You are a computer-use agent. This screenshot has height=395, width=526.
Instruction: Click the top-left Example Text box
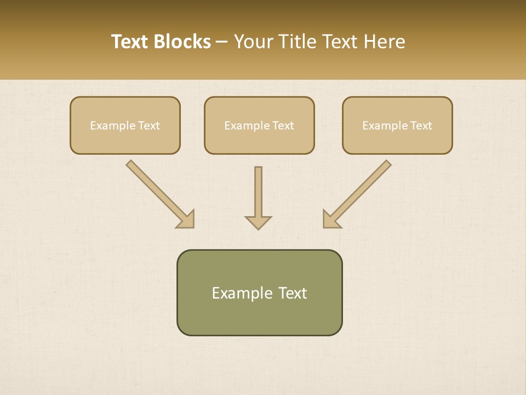coord(125,126)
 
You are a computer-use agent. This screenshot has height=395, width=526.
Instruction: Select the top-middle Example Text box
coord(259,126)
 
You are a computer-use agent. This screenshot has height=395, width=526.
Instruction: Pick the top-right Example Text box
coord(397,126)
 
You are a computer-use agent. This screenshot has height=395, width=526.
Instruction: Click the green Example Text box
coord(259,292)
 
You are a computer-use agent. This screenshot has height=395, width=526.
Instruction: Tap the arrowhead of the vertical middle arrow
coord(258,222)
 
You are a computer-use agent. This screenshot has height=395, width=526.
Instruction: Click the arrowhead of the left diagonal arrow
coord(187,220)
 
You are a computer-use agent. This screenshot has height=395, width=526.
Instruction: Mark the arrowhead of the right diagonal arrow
coord(330,220)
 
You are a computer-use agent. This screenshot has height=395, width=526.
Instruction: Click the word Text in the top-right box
coord(421,126)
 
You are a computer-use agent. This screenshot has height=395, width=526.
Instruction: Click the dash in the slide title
coord(222,42)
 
